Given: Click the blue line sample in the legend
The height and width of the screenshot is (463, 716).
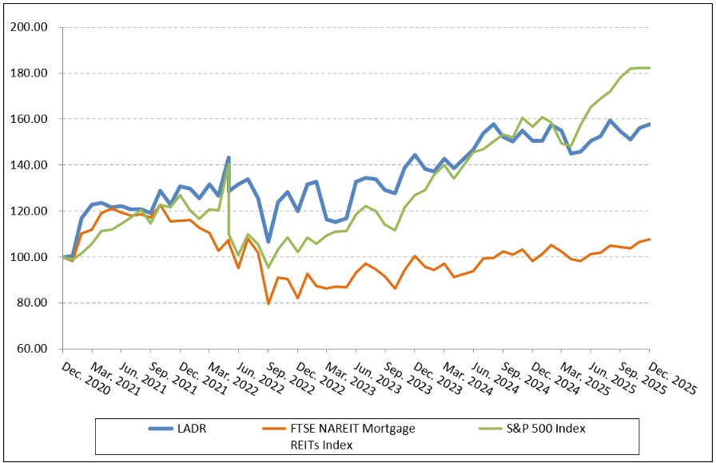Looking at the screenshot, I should pos(169,429).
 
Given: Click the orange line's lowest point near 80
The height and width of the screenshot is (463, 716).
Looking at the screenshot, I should pos(268,303).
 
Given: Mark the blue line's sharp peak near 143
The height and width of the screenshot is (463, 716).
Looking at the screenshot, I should pos(229,158).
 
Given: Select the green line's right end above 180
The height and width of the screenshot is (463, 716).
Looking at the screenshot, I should pos(649,68).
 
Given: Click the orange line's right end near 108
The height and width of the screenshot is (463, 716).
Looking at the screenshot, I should pos(649,239).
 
